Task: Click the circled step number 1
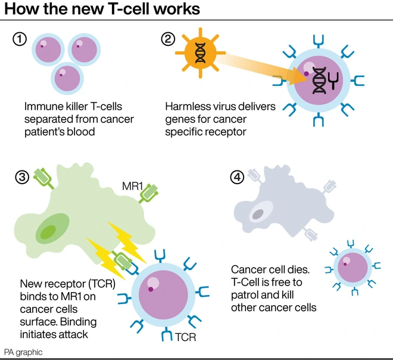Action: click(x=20, y=40)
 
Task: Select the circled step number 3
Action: click(x=20, y=178)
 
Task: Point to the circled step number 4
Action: click(x=236, y=178)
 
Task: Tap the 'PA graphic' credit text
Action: click(x=24, y=352)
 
